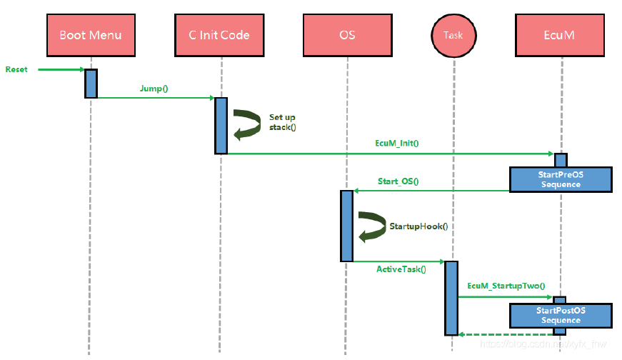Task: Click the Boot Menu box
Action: click(x=91, y=35)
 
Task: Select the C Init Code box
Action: click(x=219, y=35)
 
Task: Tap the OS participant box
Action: click(x=347, y=35)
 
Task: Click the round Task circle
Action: click(x=453, y=35)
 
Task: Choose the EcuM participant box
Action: click(x=562, y=35)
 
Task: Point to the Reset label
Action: click(x=16, y=69)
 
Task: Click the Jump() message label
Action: click(x=154, y=89)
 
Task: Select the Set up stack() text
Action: click(x=282, y=122)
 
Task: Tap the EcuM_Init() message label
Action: click(x=396, y=144)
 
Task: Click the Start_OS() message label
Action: click(x=398, y=181)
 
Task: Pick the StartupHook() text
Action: click(x=418, y=226)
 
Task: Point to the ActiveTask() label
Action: click(x=401, y=270)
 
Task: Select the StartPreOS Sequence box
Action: click(x=561, y=179)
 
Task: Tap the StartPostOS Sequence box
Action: click(x=561, y=316)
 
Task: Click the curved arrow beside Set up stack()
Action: click(x=247, y=122)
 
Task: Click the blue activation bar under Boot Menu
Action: click(x=91, y=83)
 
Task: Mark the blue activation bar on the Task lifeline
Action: click(x=451, y=298)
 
